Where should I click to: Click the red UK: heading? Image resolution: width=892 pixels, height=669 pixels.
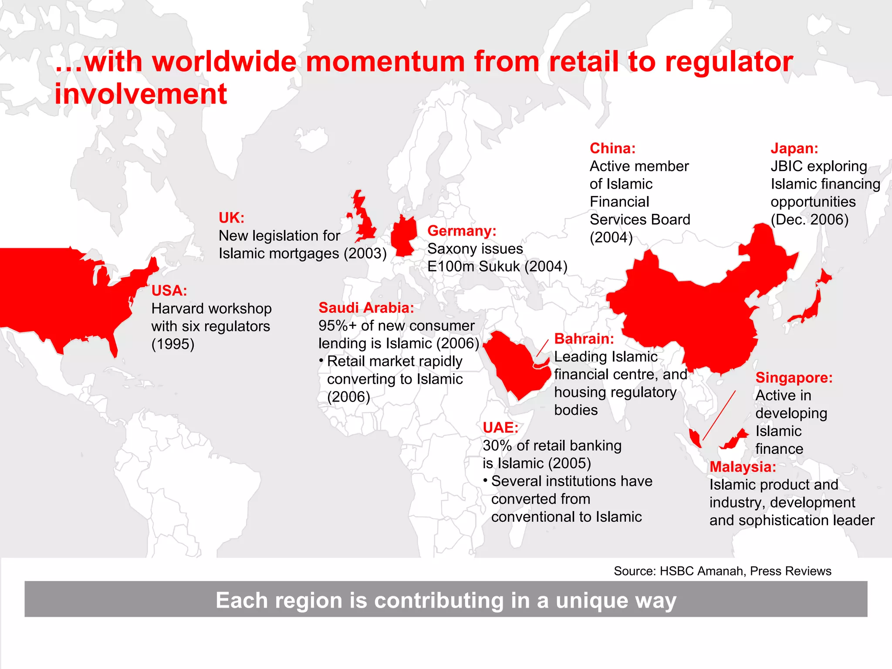coord(231,217)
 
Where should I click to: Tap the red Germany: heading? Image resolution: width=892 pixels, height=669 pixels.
coord(462,230)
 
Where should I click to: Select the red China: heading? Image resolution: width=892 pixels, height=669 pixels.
coord(612,148)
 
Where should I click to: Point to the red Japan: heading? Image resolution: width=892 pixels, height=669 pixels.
coord(794,148)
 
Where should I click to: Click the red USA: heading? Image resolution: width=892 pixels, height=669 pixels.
coord(169,291)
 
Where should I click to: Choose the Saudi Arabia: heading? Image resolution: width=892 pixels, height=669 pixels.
coord(366,307)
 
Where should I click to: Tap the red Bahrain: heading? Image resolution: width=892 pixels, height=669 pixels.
coord(584,338)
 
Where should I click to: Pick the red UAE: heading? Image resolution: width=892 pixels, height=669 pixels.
coord(500,427)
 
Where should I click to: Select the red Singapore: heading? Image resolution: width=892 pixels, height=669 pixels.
coord(794,377)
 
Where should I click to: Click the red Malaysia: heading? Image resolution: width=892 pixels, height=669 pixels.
coord(743,466)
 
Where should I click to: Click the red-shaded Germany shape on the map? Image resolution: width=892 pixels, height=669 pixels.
coord(404,236)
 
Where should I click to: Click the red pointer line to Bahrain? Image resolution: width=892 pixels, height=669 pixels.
coord(542,348)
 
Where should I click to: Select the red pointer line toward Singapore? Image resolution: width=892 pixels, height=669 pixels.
coord(719,416)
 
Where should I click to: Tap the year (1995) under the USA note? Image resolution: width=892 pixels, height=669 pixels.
coord(172,344)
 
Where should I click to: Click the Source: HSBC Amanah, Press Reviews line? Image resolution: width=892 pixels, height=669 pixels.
coord(722,571)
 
